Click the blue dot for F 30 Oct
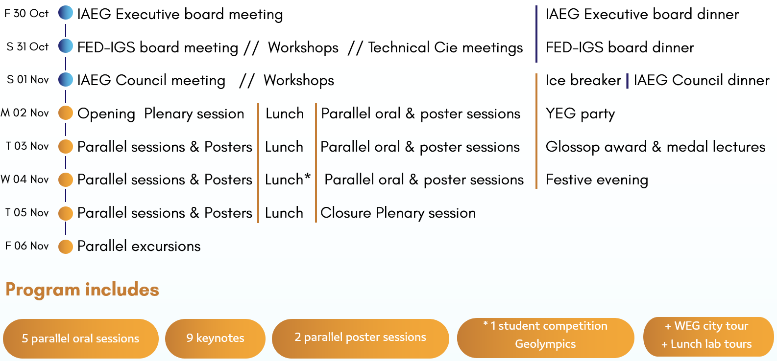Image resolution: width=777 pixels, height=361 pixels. pos(66,13)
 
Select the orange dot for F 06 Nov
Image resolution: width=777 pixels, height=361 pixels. pos(66,247)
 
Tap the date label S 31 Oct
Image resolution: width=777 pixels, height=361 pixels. pos(27,46)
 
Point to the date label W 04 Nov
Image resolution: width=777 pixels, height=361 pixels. pos(24,180)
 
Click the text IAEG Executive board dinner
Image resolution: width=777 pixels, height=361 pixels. pos(642,14)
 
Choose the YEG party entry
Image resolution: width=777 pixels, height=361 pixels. pos(580,114)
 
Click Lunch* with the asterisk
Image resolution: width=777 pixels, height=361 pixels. pos(288,180)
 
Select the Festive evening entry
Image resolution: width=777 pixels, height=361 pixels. pos(597,180)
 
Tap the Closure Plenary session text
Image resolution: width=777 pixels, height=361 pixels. pos(398,213)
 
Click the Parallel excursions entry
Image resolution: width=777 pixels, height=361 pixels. pos(139,247)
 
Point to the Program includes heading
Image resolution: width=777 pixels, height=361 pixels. pos(82,290)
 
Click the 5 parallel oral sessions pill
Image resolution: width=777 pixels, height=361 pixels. pos(81,338)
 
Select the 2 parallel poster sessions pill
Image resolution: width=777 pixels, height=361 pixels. pos(361,338)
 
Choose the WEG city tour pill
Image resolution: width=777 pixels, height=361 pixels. pos(708,337)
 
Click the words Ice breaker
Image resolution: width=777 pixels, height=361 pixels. pos(583,80)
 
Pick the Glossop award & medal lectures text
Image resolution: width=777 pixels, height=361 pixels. pos(655,147)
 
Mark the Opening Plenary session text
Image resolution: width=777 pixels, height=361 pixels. pos(161,114)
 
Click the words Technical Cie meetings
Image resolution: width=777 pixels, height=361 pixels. pos(445,47)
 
